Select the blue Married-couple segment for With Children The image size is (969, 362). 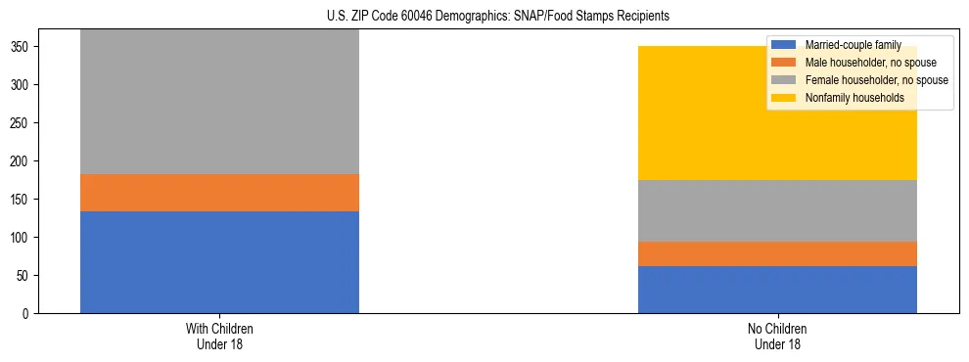click(x=219, y=262)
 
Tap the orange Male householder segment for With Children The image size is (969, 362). click(x=219, y=193)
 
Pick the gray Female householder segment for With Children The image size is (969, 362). click(x=219, y=103)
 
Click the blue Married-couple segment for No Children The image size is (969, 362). click(x=777, y=290)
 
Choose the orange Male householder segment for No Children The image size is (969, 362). click(x=777, y=253)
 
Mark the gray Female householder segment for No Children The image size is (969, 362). click(x=777, y=210)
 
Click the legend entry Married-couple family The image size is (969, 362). click(x=853, y=45)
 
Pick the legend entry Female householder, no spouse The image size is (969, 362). click(x=876, y=80)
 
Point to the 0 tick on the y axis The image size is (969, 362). click(x=28, y=314)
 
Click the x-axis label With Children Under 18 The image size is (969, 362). click(x=219, y=336)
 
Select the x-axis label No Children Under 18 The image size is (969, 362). click(x=777, y=336)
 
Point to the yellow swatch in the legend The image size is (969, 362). click(x=784, y=98)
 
